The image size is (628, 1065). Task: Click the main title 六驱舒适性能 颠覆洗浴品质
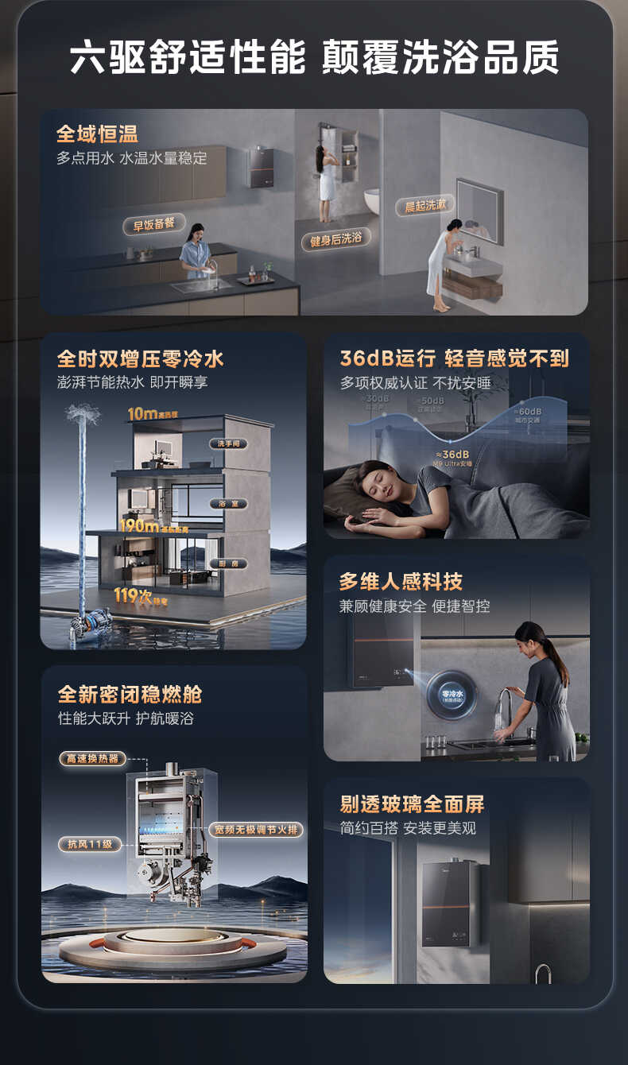pyautogui.click(x=314, y=58)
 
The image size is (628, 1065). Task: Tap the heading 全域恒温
pyautogui.click(x=97, y=134)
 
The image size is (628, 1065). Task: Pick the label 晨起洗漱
pyautogui.click(x=425, y=205)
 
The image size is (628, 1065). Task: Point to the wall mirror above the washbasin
pyautogui.click(x=479, y=211)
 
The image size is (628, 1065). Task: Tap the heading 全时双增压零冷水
pyautogui.click(x=141, y=358)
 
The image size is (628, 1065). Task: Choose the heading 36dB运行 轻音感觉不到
pyautogui.click(x=454, y=358)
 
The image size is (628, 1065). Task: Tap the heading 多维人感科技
pyautogui.click(x=401, y=582)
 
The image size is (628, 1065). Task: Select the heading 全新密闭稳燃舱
pyautogui.click(x=130, y=694)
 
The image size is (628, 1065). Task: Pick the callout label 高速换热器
pyautogui.click(x=92, y=758)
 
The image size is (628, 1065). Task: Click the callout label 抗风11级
pyautogui.click(x=89, y=844)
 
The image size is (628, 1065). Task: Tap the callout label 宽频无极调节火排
pyautogui.click(x=257, y=829)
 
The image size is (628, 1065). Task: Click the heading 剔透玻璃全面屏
pyautogui.click(x=412, y=804)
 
